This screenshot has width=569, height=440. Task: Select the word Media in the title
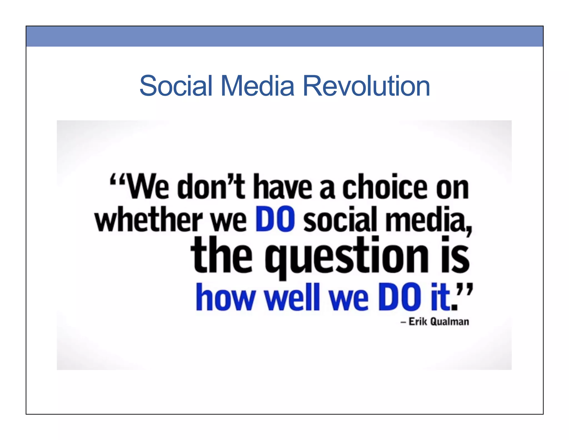(x=257, y=86)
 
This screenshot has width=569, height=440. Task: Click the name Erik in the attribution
(x=418, y=322)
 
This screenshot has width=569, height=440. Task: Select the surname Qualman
(x=450, y=322)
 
